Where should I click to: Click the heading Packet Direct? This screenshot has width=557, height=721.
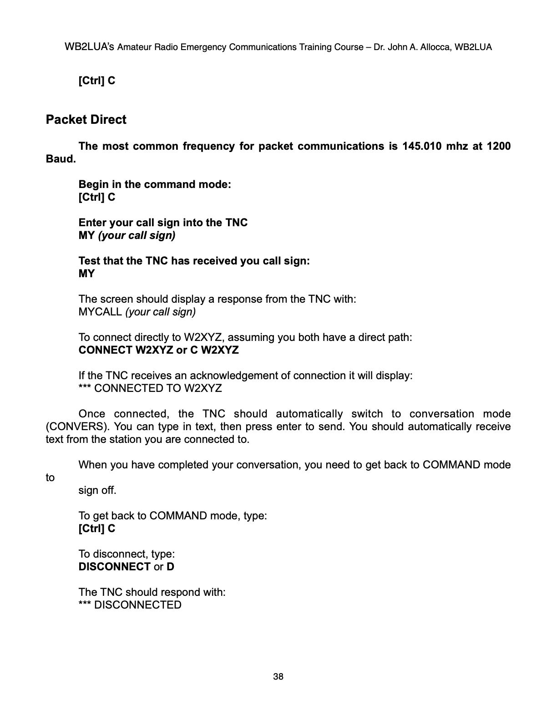[x=86, y=120]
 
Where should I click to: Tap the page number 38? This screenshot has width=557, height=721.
[x=278, y=676]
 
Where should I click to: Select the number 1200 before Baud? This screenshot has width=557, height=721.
[x=498, y=146]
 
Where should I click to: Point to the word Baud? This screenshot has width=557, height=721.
[x=61, y=159]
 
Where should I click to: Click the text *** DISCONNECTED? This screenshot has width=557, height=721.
[x=130, y=605]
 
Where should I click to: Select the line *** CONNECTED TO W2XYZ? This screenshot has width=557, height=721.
[x=150, y=388]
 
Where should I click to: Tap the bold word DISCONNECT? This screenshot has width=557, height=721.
[x=114, y=567]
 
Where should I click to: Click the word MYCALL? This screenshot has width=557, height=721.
[x=100, y=312]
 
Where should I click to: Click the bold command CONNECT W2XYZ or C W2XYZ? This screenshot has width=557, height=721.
[x=158, y=350]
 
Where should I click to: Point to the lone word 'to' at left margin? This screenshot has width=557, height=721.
[x=50, y=477]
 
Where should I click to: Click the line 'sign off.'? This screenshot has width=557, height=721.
[x=97, y=490]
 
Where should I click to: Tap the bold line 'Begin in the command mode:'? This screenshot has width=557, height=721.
[x=155, y=184]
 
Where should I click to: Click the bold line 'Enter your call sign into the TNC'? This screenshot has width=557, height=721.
[x=163, y=223]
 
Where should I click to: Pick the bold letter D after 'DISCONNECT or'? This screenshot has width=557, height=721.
[x=170, y=567]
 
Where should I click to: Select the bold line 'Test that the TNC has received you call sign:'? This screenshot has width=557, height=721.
[x=194, y=261]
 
